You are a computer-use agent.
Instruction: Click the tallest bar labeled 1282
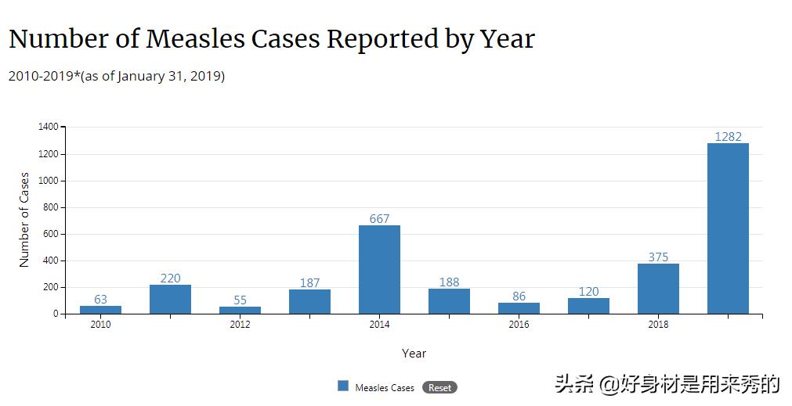pyautogui.click(x=728, y=228)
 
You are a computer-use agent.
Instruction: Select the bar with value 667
pyautogui.click(x=379, y=269)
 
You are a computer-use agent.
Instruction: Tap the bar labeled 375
pyautogui.click(x=658, y=289)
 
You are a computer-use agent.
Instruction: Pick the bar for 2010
pyautogui.click(x=100, y=310)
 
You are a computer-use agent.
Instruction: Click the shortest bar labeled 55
pyautogui.click(x=240, y=310)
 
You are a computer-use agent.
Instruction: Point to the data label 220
pyautogui.click(x=170, y=278)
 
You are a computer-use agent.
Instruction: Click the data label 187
pyautogui.click(x=309, y=282)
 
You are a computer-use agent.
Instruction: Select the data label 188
pyautogui.click(x=449, y=282)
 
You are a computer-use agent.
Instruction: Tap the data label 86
pyautogui.click(x=519, y=296)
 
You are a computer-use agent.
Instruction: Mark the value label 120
pyautogui.click(x=588, y=291)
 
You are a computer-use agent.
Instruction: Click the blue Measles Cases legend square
pyautogui.click(x=343, y=386)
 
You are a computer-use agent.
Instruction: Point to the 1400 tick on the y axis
pyautogui.click(x=49, y=127)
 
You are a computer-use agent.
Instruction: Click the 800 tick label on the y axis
pyautogui.click(x=51, y=207)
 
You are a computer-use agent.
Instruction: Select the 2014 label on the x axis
pyautogui.click(x=379, y=325)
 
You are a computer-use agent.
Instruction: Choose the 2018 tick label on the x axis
pyautogui.click(x=658, y=325)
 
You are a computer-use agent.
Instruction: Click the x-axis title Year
pyautogui.click(x=414, y=354)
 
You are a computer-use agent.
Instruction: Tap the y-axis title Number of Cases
pyautogui.click(x=24, y=220)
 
